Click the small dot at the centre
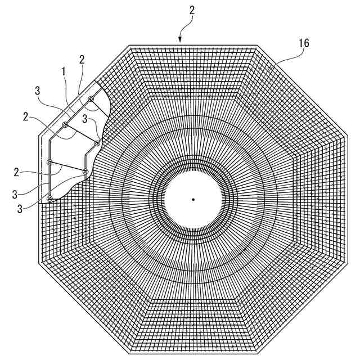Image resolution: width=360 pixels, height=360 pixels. point(193,199)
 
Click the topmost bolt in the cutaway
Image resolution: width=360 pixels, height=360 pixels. point(91,99)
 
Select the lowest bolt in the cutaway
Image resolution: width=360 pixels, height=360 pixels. point(50,198)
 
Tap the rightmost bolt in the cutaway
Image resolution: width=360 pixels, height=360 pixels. point(97,143)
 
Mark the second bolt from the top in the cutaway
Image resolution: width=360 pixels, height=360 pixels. point(65,124)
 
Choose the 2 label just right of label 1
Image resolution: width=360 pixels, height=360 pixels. point(82,60)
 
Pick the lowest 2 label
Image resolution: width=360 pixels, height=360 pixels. point(17,170)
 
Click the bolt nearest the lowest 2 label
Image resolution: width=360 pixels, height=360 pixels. point(50,163)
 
